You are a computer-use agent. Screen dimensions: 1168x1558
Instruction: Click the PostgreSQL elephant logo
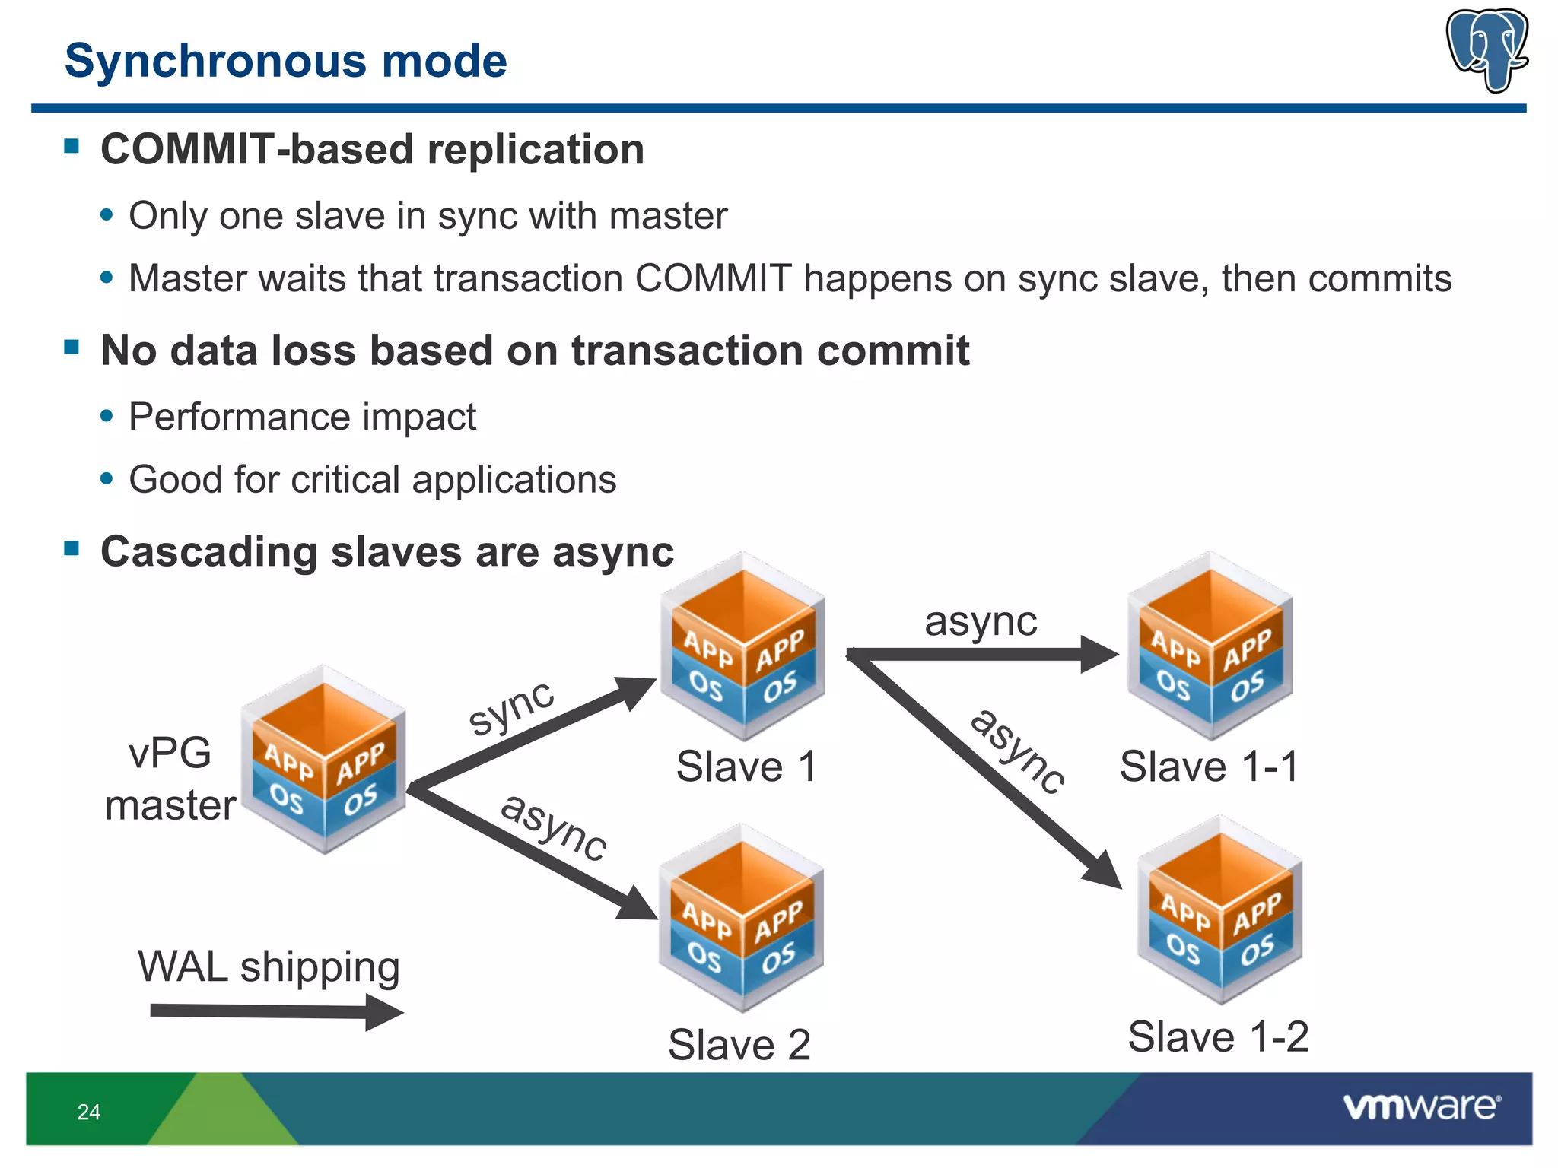(1487, 49)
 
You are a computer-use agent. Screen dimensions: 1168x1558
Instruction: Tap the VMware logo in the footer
(1421, 1106)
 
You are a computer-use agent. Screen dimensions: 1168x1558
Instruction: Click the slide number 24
(88, 1112)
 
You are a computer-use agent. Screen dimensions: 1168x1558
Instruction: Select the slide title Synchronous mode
(285, 60)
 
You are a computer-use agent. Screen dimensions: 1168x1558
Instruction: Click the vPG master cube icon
(324, 760)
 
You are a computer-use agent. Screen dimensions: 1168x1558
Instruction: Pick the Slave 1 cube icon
(742, 646)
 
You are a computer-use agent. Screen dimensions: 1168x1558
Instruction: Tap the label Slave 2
(739, 1044)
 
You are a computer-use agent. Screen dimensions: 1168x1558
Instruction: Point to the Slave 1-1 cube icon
(1210, 646)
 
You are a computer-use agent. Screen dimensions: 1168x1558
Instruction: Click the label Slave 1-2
(1217, 1036)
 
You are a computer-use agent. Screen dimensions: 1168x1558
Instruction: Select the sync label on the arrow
(511, 707)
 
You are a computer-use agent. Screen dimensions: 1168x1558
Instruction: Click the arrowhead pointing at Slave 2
(638, 903)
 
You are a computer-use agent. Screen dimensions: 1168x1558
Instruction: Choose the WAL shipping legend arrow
(274, 1011)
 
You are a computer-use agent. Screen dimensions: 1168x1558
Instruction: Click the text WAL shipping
(269, 967)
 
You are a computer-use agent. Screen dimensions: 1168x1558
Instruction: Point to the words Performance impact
(302, 417)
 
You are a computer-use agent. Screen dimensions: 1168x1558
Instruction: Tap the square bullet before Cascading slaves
(72, 548)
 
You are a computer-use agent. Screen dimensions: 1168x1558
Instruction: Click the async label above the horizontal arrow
(980, 621)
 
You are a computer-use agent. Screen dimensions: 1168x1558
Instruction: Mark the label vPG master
(170, 779)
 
